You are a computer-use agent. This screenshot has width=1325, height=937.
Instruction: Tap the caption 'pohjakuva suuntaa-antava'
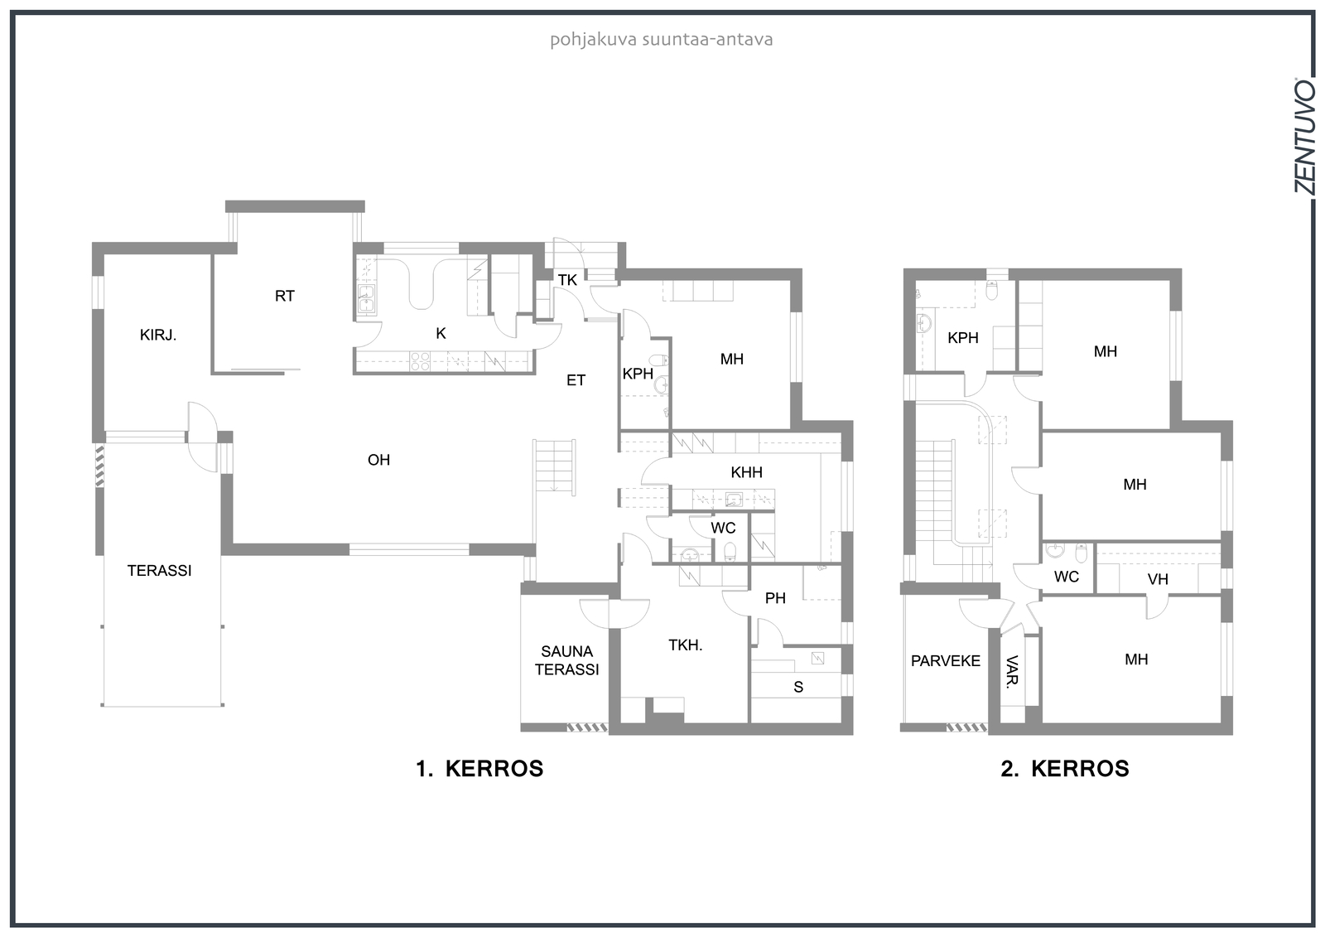(x=662, y=40)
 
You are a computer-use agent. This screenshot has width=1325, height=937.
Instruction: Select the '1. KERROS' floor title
(x=479, y=769)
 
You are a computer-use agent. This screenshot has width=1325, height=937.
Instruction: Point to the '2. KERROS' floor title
(x=1065, y=769)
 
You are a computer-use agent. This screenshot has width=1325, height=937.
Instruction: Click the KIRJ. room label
(x=158, y=335)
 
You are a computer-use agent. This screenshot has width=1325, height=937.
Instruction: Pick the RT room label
(x=285, y=296)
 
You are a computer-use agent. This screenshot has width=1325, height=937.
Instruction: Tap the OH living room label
(x=378, y=460)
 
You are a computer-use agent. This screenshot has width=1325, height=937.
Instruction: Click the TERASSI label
(x=159, y=571)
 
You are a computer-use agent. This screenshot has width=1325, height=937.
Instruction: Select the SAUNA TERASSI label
(x=566, y=660)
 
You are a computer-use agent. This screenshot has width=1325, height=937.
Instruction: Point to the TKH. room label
(x=686, y=645)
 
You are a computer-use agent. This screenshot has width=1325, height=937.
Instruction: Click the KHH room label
(x=746, y=472)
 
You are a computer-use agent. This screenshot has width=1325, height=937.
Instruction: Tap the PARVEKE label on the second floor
(x=945, y=661)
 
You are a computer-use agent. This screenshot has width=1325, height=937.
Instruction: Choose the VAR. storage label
(x=1012, y=672)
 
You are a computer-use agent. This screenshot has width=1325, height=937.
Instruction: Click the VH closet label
(x=1158, y=579)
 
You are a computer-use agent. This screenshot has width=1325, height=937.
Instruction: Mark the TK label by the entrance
(x=567, y=281)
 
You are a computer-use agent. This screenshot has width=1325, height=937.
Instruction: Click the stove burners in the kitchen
(x=420, y=362)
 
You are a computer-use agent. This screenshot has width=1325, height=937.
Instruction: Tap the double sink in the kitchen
(x=366, y=298)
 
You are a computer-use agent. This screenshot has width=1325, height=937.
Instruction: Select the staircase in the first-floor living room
(x=554, y=466)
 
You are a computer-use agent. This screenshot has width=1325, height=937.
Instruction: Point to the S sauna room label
(x=798, y=687)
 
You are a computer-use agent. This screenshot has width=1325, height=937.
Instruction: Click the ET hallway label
(x=576, y=380)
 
